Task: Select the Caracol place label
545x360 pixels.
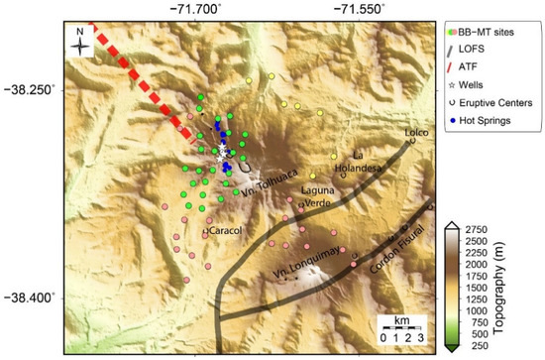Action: click(x=225, y=231)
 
